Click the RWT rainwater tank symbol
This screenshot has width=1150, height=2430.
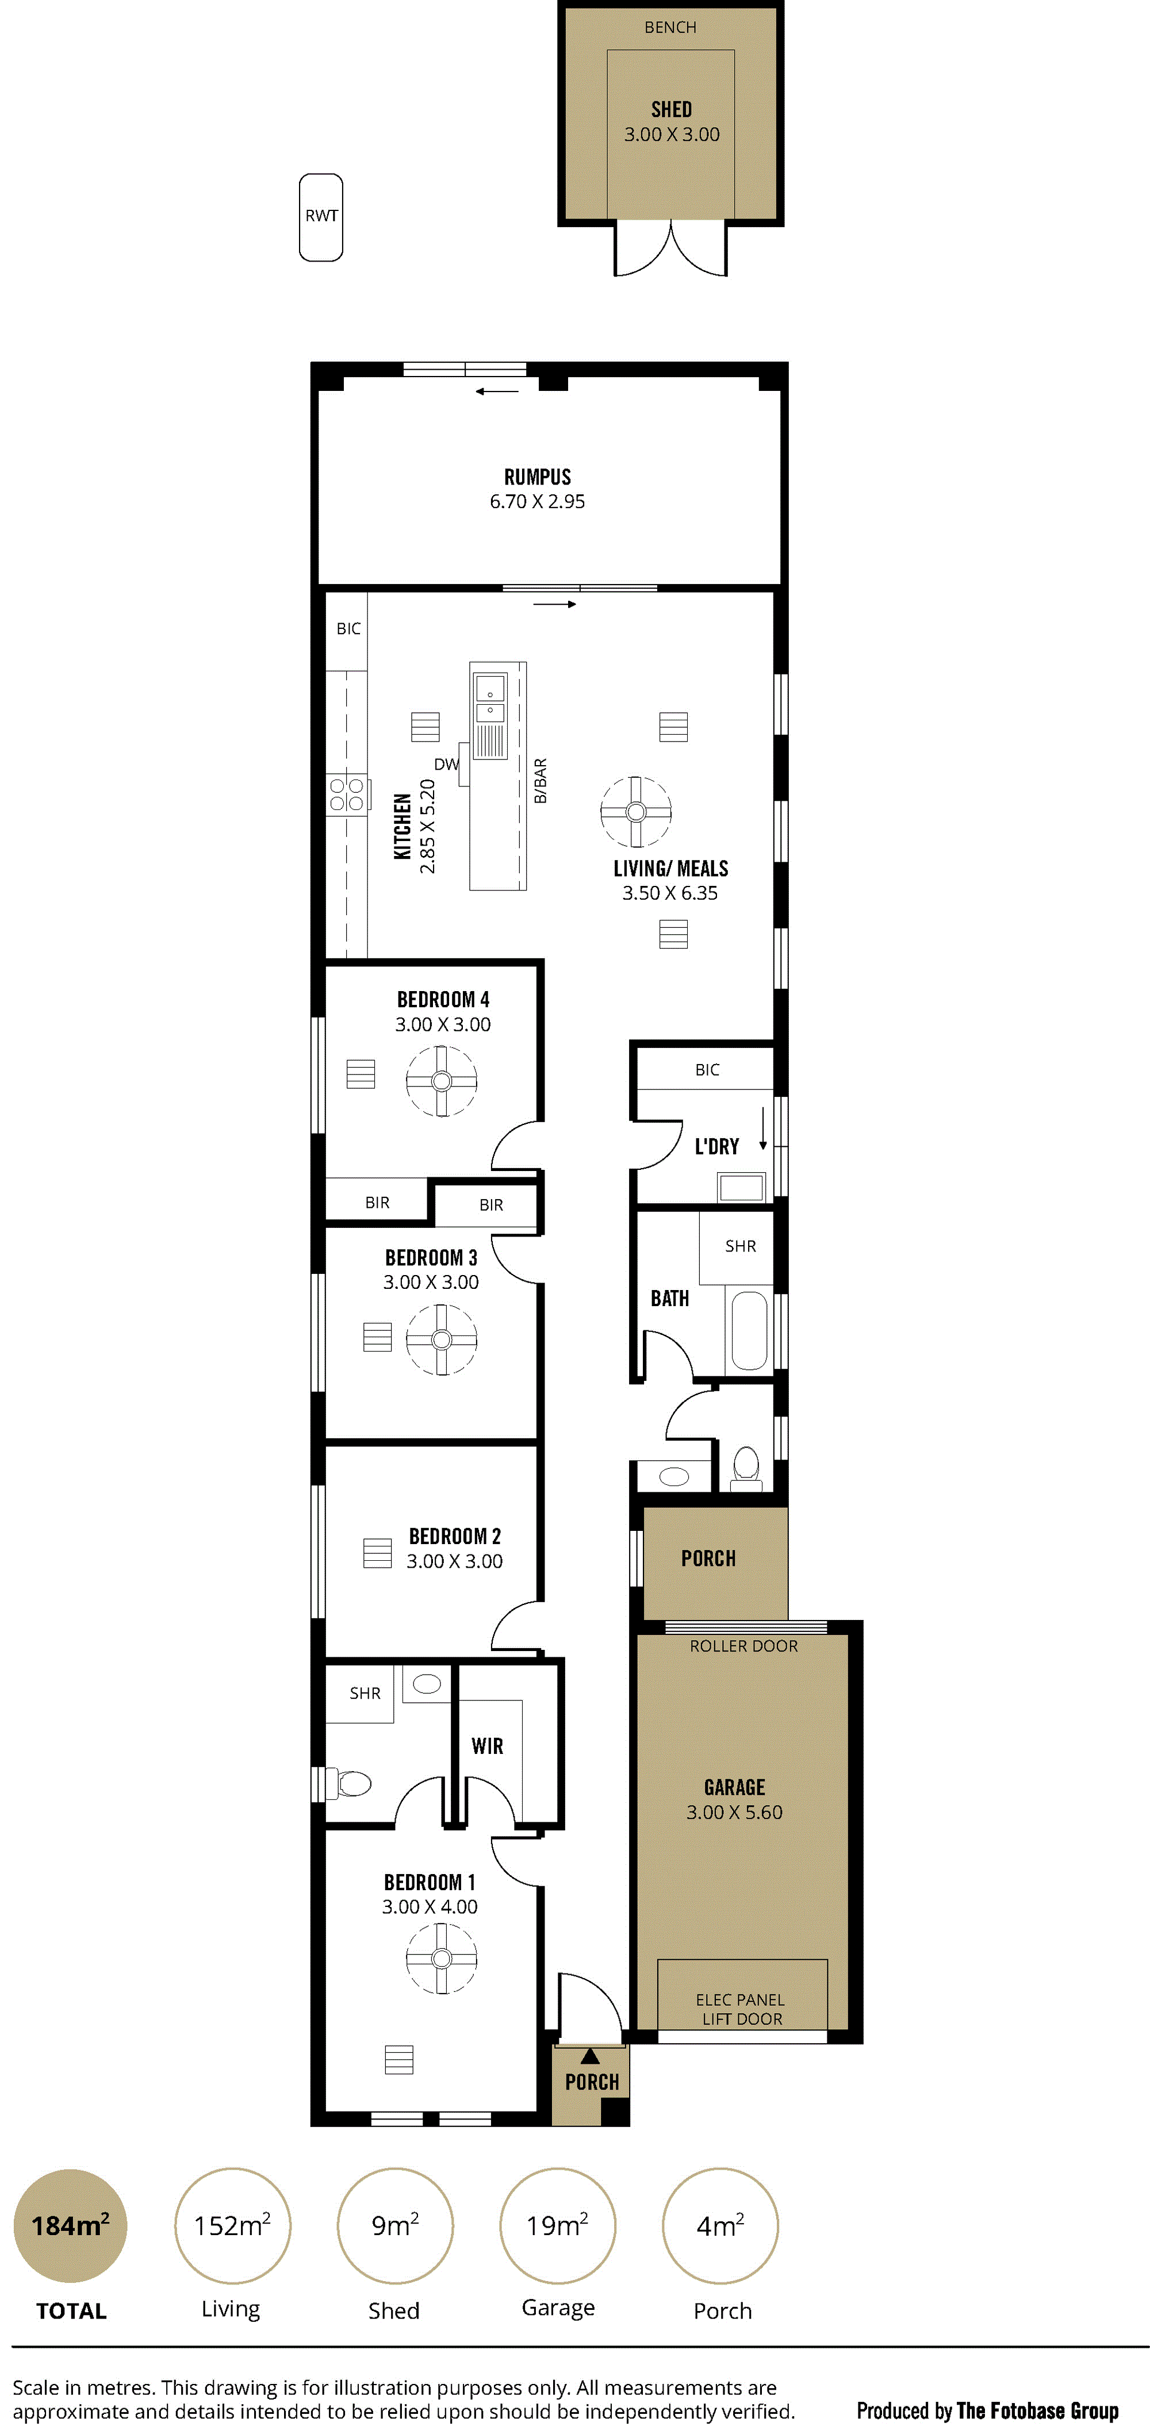(321, 217)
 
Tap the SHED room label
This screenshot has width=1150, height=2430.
(671, 109)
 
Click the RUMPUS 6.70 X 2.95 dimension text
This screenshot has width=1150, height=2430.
(537, 502)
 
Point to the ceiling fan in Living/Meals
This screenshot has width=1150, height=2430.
(636, 811)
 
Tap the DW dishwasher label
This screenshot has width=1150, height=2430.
(446, 764)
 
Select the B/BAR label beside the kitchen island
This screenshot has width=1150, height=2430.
(540, 781)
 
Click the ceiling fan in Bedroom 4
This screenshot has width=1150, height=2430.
(442, 1081)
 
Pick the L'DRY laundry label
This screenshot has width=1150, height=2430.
(717, 1147)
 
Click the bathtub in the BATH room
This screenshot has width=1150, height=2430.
(750, 1330)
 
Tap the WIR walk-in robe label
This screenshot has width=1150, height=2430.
(487, 1746)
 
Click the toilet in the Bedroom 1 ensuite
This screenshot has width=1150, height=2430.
(349, 1783)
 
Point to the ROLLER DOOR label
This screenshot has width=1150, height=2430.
(743, 1646)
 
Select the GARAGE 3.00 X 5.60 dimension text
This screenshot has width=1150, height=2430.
(734, 1812)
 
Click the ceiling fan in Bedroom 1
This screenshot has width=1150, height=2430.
(442, 1959)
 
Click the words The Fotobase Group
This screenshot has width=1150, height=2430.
(1038, 2410)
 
